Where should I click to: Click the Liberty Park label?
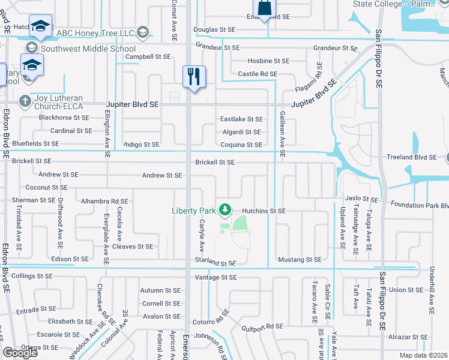point(194,211)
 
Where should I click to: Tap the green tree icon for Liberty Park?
point(225,209)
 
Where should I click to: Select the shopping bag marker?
point(264,8)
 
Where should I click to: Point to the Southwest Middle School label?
point(88,49)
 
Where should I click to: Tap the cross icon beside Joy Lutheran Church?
point(25,100)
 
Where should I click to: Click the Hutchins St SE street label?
point(264,211)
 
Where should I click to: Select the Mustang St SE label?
point(300,260)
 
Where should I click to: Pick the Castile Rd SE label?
point(258,74)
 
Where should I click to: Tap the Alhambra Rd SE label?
point(104,202)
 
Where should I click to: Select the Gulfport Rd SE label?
point(262,326)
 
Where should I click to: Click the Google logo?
point(20,353)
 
